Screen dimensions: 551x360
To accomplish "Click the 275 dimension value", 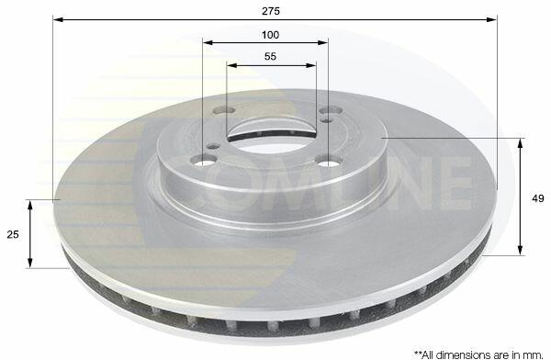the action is pos(271,11).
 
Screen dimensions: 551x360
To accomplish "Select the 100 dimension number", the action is pos(270,35).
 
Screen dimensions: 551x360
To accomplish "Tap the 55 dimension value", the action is pos(270,56).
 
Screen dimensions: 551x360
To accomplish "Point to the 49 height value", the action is pos(537,198).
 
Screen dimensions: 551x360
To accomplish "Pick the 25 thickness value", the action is pos(13,234).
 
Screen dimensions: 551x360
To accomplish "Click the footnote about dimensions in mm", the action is pos(478,354).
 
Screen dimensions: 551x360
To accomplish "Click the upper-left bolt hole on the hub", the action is pos(224,110).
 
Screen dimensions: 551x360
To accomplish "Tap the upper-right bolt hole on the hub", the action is pos(331,111).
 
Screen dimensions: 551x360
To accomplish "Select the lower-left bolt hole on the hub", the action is pos(202,161).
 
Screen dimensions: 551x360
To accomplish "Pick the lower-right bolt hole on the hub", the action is pos(329,162).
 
